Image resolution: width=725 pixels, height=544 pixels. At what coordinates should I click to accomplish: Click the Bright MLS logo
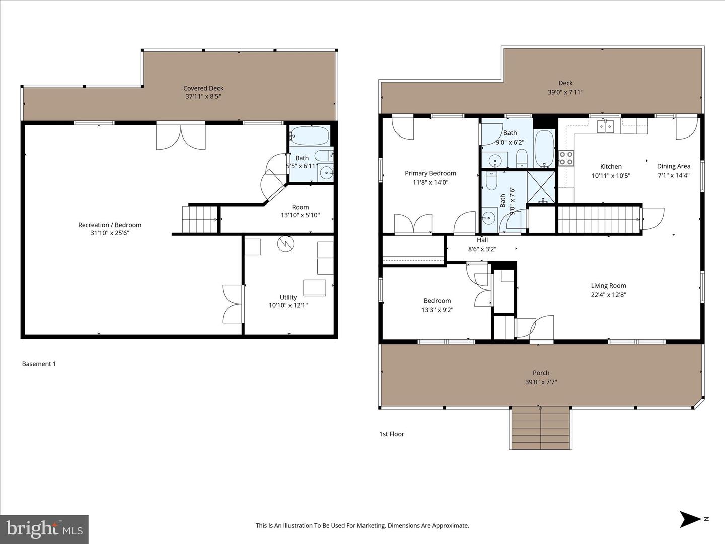(44, 529)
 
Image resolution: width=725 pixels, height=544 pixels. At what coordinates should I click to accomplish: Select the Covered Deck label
(203, 88)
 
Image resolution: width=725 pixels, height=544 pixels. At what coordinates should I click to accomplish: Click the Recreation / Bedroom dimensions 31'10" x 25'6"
(110, 233)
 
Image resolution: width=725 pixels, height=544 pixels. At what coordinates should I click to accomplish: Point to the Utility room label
(288, 297)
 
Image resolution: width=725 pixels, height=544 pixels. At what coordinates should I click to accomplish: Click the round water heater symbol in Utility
(284, 244)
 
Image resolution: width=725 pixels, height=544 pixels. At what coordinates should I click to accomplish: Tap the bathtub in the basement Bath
(310, 136)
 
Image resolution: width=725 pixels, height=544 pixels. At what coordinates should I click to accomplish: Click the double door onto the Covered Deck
(181, 136)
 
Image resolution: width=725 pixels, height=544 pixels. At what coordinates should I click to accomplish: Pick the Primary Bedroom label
(430, 173)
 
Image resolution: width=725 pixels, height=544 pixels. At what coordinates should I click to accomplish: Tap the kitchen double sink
(606, 126)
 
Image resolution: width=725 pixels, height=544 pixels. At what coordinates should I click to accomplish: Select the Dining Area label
(673, 166)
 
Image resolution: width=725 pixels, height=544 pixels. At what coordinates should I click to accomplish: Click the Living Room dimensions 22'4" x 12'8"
(608, 295)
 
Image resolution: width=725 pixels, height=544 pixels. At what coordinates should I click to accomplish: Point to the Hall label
(482, 240)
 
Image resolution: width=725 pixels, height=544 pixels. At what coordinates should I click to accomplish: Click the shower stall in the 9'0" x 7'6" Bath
(541, 187)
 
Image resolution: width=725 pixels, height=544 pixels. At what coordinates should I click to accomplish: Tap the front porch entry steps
(541, 428)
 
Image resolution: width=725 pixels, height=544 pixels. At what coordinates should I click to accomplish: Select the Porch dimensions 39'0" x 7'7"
(541, 382)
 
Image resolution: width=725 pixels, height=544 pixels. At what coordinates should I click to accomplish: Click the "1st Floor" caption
(391, 434)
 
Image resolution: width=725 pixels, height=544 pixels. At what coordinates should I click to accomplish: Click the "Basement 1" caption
(39, 364)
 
